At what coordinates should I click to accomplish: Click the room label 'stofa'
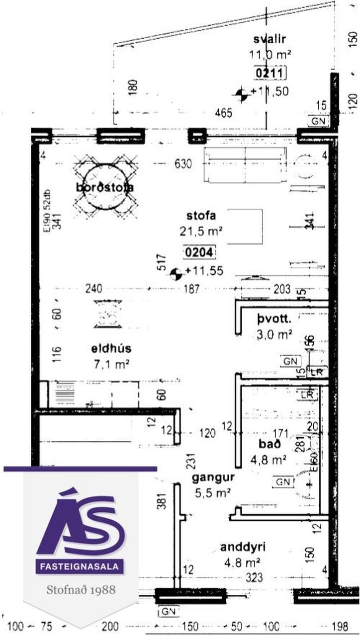[201, 216]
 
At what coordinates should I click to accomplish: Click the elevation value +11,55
[204, 271]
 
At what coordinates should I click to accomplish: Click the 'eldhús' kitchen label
[105, 348]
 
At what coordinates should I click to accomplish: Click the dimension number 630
[183, 164]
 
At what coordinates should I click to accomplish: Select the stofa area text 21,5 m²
[201, 231]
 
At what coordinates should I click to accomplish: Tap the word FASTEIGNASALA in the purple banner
[80, 567]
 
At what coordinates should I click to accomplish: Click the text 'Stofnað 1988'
[81, 590]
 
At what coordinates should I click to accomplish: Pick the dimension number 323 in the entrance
[253, 577]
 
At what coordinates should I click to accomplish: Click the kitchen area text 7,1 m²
[105, 365]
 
